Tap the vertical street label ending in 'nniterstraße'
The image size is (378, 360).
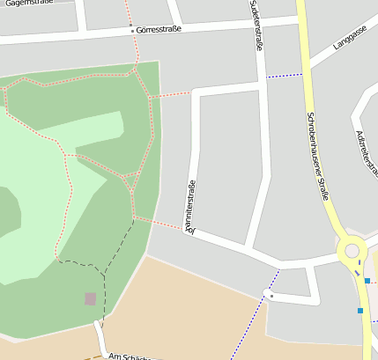[x=189, y=208]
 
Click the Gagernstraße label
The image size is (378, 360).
[x=26, y=4]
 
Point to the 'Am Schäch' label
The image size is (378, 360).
[x=132, y=356]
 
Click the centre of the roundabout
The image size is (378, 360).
[x=352, y=252]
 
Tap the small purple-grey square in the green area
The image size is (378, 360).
[x=91, y=299]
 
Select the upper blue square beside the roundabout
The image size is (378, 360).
[x=367, y=281]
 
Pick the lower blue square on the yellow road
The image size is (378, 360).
[x=360, y=310]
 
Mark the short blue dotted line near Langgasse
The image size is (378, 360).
[x=285, y=76]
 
